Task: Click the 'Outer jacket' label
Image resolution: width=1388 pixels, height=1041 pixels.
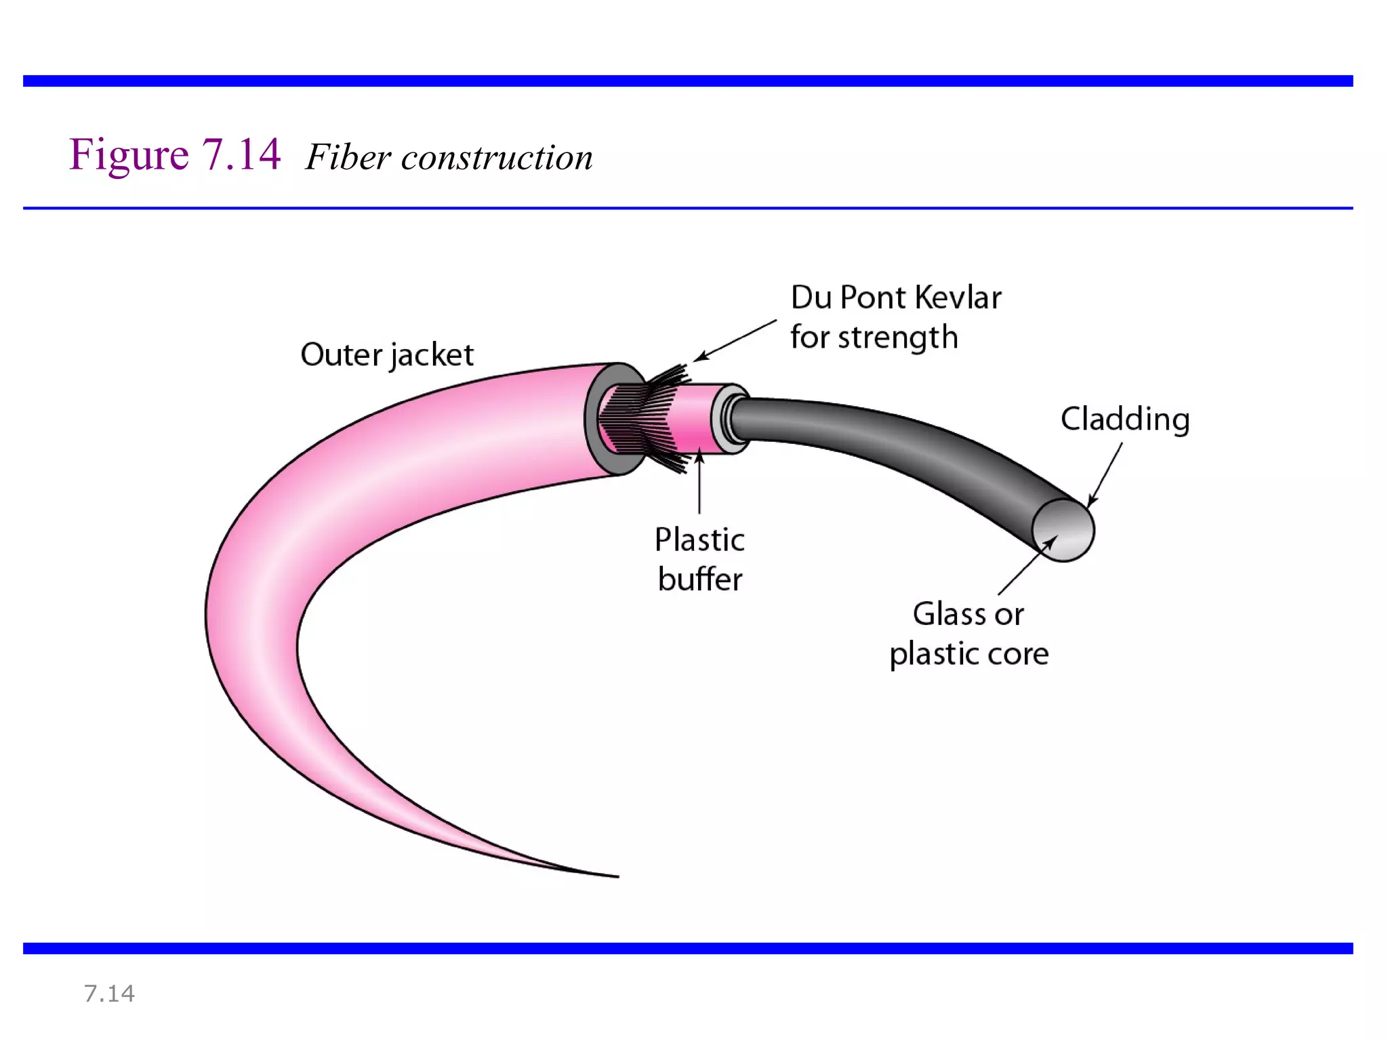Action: point(386,355)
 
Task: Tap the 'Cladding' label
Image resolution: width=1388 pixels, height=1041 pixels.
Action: point(1124,420)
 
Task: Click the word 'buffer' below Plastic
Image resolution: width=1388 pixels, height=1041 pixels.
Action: point(700,580)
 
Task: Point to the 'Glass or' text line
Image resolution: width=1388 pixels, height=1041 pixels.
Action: point(968,614)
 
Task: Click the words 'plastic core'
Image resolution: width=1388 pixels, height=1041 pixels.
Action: point(968,654)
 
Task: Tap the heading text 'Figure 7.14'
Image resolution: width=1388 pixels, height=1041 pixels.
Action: point(175,155)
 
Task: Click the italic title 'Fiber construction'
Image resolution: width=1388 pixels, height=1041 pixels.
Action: point(449,158)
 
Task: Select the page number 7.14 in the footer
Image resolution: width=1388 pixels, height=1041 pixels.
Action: point(109,994)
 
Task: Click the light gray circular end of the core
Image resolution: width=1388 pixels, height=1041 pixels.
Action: point(1063,530)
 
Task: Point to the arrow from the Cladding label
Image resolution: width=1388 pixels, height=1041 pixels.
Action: point(1105,474)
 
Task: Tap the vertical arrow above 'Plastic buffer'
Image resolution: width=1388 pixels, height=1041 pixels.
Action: point(699,483)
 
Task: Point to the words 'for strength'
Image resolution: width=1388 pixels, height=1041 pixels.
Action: point(874,338)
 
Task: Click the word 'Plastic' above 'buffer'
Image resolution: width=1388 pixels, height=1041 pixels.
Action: point(699,540)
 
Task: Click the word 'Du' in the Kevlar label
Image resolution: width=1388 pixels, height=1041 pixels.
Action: point(811,298)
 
